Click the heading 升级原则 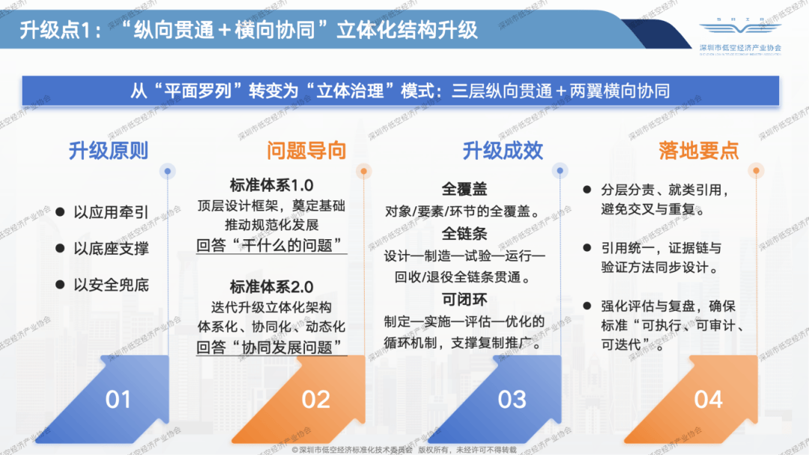pos(109,151)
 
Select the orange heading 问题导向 pos(306,151)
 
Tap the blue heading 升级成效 pos(502,151)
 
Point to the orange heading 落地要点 pos(699,151)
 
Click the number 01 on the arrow pos(118,400)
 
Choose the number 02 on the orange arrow pos(315,400)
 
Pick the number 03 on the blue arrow pos(512,400)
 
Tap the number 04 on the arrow pos(708,400)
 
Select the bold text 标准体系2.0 pos(271,287)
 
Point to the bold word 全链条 pos(464,234)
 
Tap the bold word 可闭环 pos(464,300)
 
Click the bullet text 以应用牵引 pos(111,212)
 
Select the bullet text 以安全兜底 pos(111,284)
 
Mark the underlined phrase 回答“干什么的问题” pos(271,245)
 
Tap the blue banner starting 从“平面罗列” pos(400,91)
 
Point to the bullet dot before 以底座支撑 pos(60,248)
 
